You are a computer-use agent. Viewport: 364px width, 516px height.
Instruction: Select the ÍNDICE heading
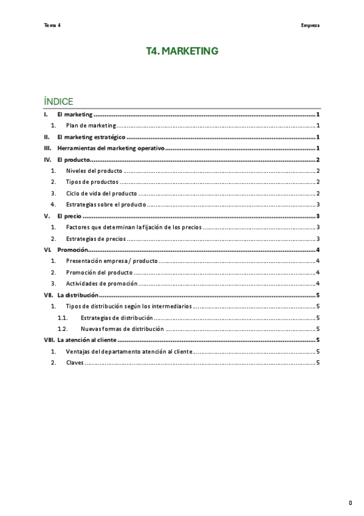click(x=58, y=101)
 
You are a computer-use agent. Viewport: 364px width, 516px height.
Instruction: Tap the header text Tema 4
click(x=52, y=25)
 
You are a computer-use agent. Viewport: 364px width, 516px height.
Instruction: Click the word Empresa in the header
click(x=310, y=25)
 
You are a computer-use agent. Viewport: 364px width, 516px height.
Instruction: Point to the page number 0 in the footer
click(x=350, y=503)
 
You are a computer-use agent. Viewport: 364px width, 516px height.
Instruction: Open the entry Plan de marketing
click(x=91, y=125)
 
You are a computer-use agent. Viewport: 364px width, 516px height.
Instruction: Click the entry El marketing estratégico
click(x=91, y=137)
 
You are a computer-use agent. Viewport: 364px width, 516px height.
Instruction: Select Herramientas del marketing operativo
click(x=111, y=148)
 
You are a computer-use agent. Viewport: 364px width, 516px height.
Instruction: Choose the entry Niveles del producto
click(x=94, y=171)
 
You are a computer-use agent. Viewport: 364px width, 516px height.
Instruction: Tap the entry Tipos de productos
click(x=92, y=182)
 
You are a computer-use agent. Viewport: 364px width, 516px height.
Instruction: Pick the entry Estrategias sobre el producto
click(x=106, y=204)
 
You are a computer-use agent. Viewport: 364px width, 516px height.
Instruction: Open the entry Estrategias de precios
click(x=96, y=238)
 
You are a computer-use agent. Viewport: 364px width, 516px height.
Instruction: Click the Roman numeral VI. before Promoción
click(x=47, y=249)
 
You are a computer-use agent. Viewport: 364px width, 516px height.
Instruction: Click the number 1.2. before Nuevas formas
click(x=62, y=329)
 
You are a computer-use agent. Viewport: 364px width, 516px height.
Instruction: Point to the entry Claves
click(x=75, y=363)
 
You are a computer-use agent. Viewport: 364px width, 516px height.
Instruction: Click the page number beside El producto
click(x=318, y=159)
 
